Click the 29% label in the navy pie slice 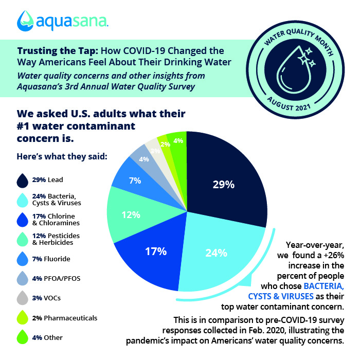(224, 184)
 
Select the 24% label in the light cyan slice (217, 253)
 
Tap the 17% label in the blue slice (155, 251)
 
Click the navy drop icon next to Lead (22, 180)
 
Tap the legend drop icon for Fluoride (22, 259)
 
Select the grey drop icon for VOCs (22, 298)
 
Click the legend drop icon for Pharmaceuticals (22, 318)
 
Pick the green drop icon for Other (22, 338)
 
